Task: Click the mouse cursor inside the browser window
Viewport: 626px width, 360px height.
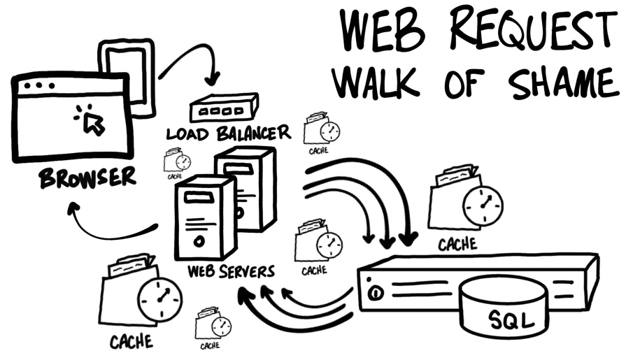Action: (x=92, y=123)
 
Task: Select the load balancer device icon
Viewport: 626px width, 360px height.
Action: (x=222, y=108)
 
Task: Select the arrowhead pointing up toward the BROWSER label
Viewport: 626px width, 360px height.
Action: (x=73, y=207)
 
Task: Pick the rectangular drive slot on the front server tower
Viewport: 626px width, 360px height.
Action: (x=199, y=197)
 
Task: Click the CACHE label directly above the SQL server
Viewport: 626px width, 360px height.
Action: (x=457, y=244)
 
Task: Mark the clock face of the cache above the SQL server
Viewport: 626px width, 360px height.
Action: (x=483, y=204)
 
